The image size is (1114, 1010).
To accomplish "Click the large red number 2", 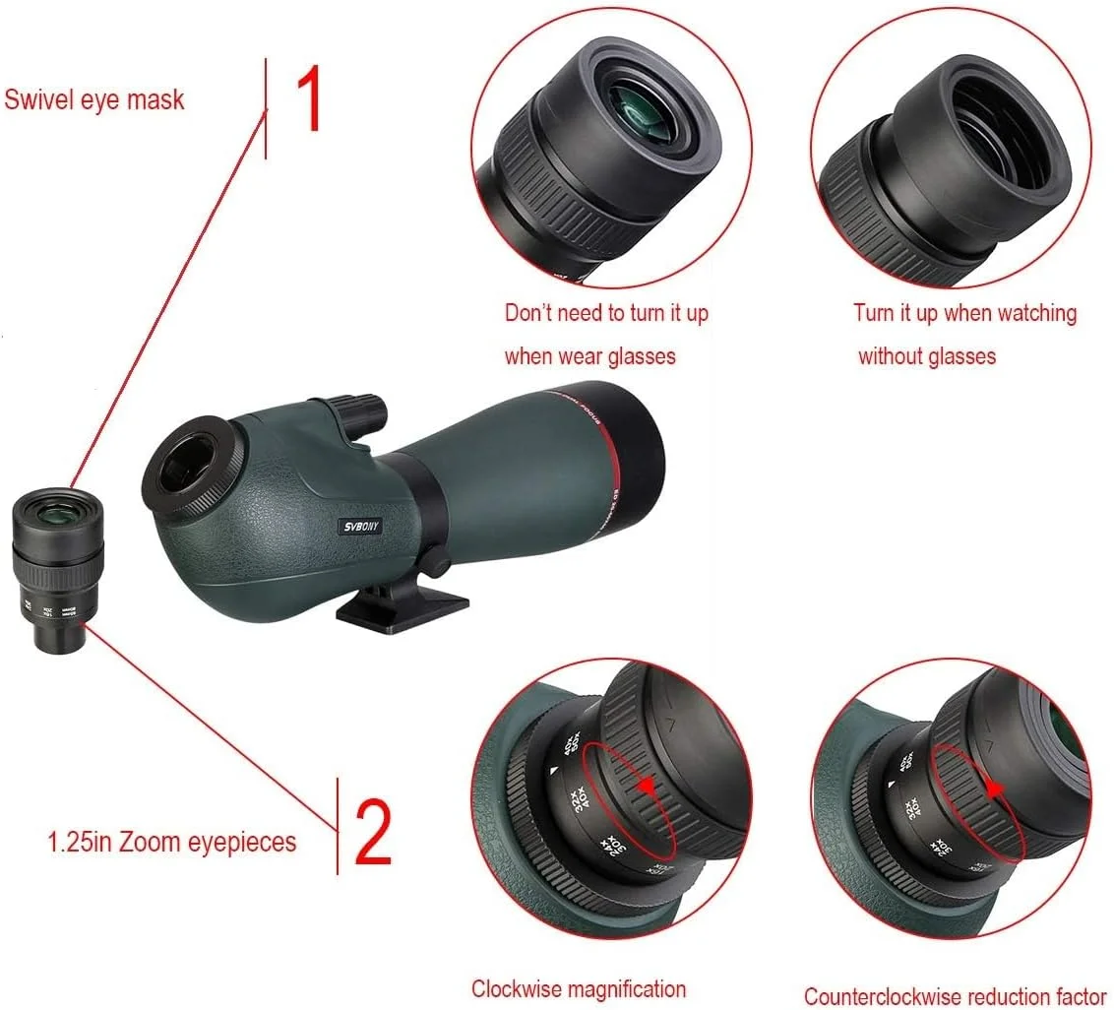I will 372,833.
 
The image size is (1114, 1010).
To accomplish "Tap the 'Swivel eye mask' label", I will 94,99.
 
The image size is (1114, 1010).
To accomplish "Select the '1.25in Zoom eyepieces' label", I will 172,843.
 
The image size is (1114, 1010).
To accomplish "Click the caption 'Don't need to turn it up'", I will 606,313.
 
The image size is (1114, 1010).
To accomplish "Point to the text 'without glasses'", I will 926,355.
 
